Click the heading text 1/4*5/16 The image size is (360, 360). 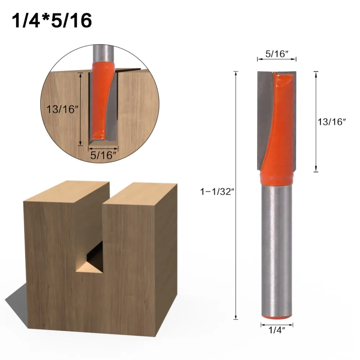coord(51,20)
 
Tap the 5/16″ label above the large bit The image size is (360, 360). coord(276,54)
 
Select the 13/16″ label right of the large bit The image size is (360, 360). coord(332,122)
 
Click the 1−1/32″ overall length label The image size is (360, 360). coord(217,192)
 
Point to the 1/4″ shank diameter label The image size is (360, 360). coord(276,330)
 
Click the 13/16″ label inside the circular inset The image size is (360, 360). coord(62,109)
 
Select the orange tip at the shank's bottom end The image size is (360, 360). coord(277,317)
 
